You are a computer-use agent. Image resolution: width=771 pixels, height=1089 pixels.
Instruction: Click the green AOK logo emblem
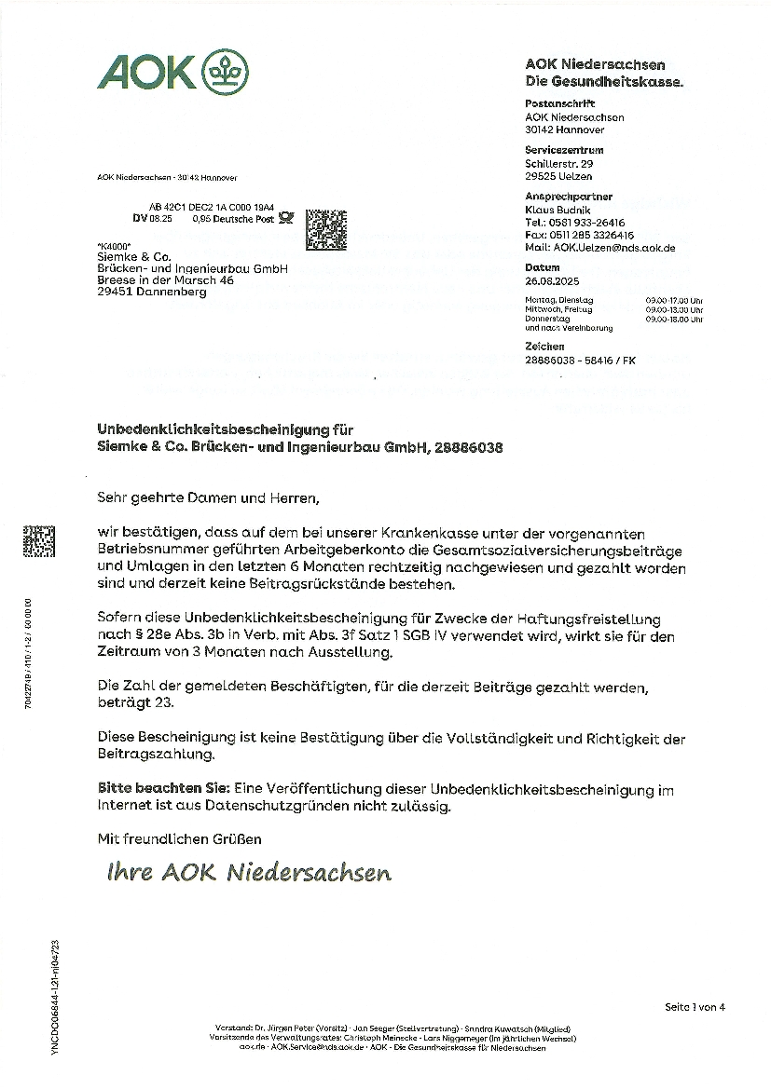(224, 71)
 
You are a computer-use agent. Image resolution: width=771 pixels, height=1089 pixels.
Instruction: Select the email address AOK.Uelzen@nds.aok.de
(599, 248)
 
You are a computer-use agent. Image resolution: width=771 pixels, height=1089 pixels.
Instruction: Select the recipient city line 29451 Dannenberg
(153, 292)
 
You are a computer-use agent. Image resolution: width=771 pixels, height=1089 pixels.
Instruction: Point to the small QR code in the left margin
(38, 542)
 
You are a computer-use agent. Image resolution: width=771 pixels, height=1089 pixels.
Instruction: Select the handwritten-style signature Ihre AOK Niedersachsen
(249, 873)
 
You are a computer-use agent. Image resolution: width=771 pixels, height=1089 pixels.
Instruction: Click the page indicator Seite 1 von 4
(694, 1007)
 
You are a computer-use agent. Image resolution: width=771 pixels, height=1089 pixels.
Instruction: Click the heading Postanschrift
(559, 104)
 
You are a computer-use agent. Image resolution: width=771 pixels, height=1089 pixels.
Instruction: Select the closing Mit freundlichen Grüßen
(179, 839)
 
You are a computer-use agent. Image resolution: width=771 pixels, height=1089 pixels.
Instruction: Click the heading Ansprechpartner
(569, 197)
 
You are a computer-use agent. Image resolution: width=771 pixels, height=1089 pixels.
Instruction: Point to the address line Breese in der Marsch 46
(165, 279)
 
